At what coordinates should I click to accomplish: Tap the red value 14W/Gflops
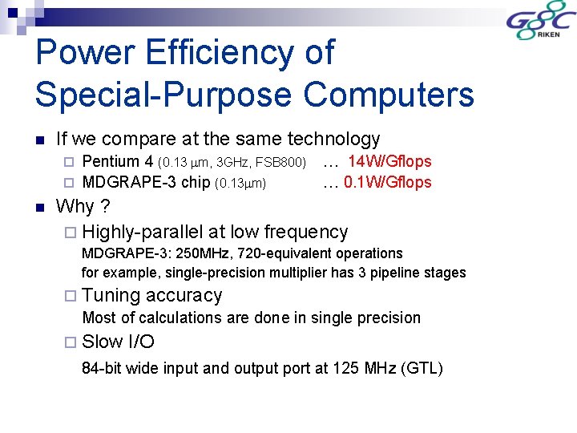[389, 162]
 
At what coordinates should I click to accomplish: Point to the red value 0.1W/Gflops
[388, 182]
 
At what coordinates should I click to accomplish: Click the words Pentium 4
[119, 162]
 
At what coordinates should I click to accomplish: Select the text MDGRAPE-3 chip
[147, 182]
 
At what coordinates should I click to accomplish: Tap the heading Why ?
[83, 206]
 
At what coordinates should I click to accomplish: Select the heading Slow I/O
[119, 342]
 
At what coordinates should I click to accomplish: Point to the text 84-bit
[102, 369]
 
